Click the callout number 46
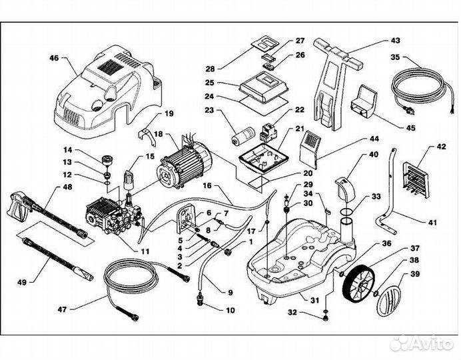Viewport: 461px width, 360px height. point(53,59)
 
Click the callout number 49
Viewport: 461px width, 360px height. point(21,283)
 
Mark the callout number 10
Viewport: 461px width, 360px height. point(230,310)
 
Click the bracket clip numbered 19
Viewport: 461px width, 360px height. point(149,134)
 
